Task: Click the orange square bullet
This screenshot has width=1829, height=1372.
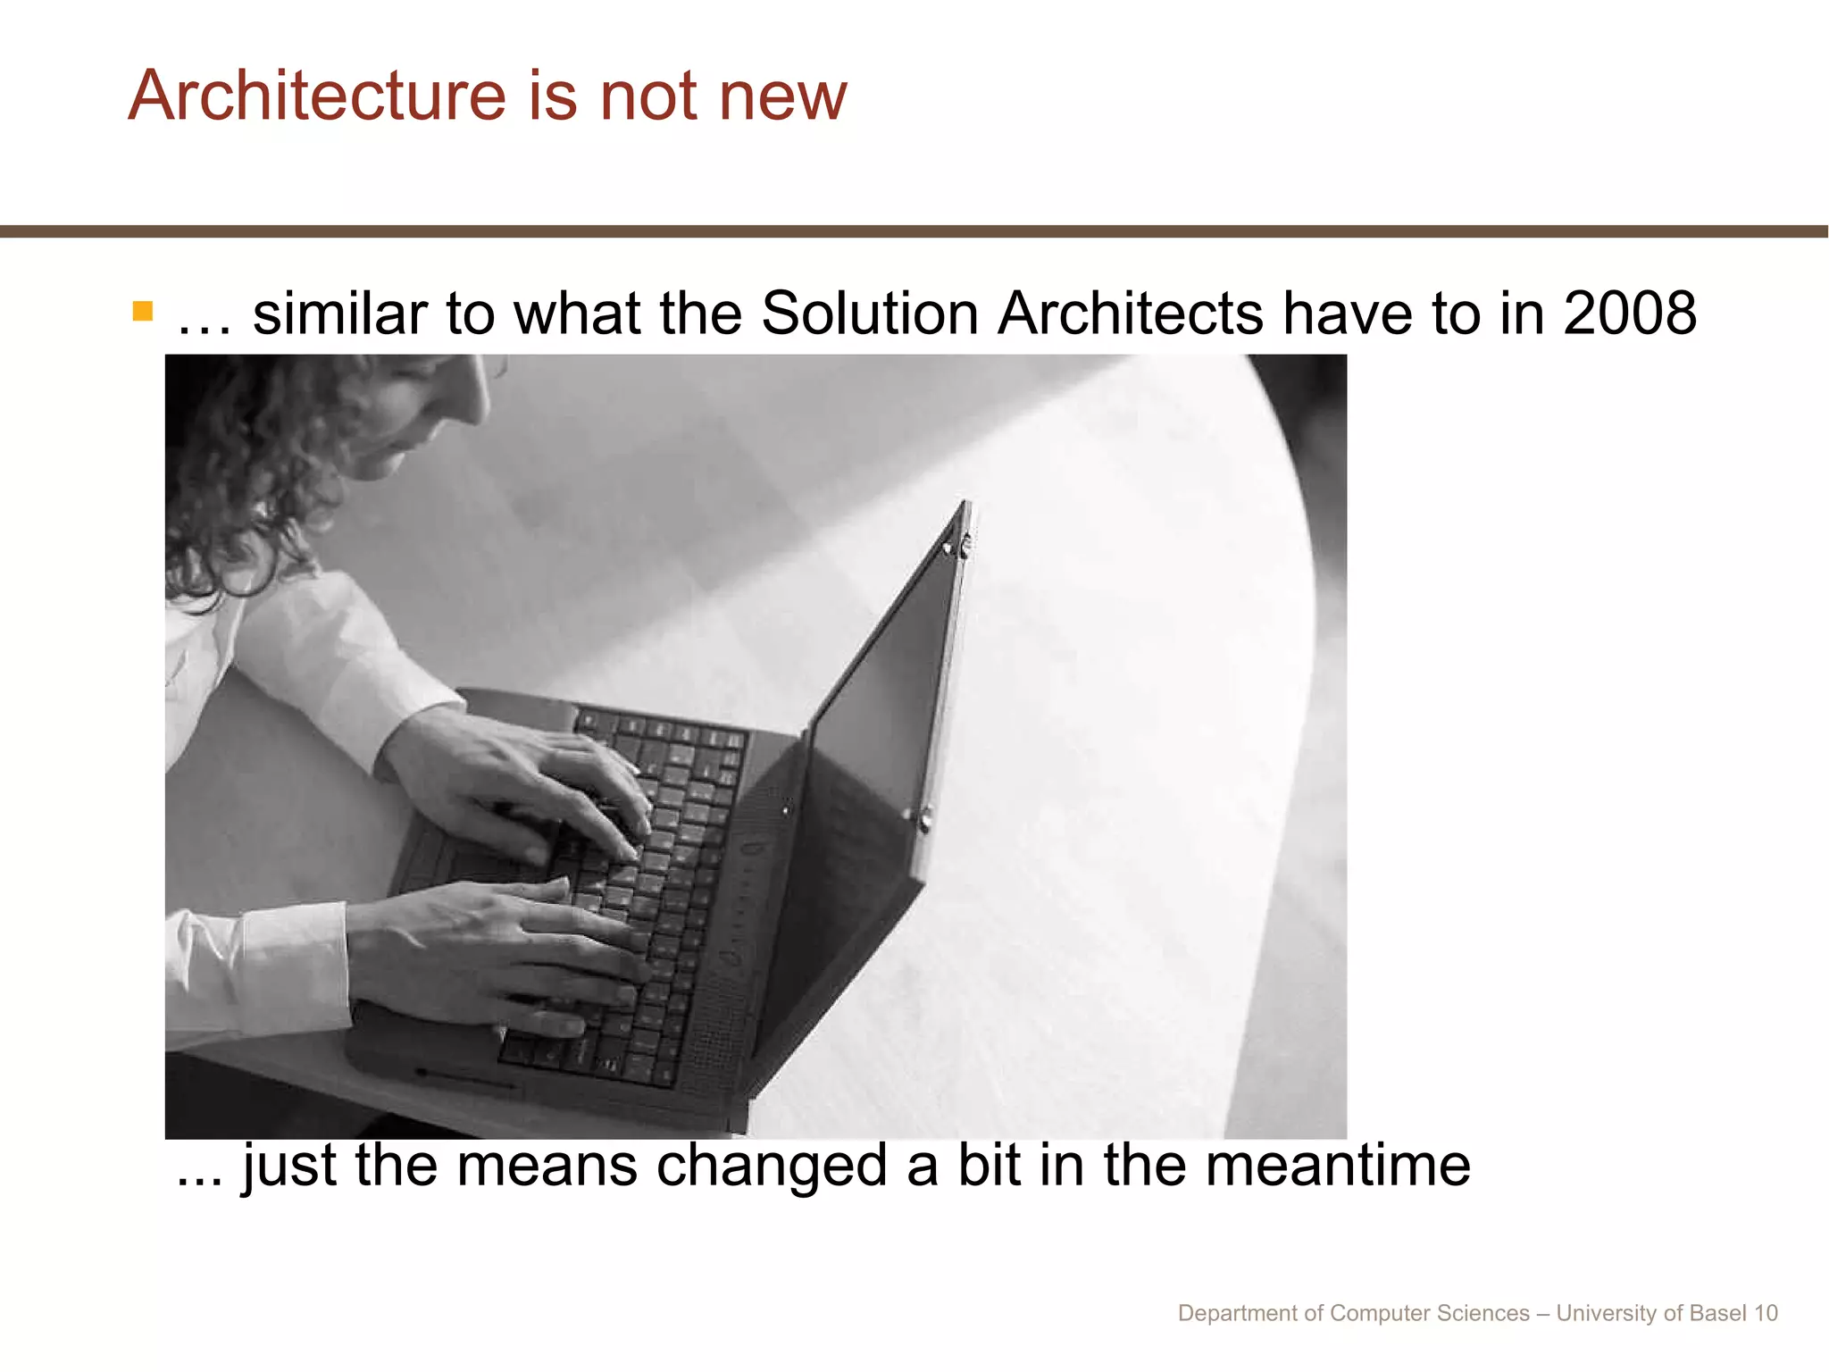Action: point(143,311)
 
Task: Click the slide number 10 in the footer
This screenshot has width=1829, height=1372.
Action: point(1766,1313)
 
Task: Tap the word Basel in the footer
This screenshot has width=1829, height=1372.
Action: point(1718,1313)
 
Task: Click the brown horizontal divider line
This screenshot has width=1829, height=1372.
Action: point(914,231)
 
